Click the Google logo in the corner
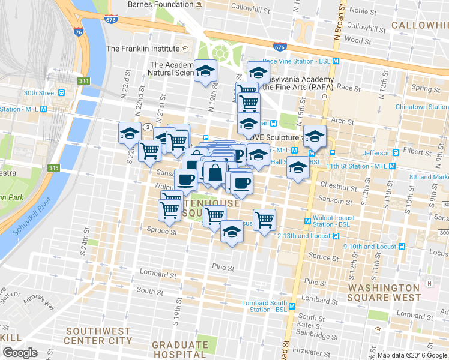click(20, 353)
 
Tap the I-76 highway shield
click(79, 32)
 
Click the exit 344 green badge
click(83, 80)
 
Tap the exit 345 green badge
click(54, 168)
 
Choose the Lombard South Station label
click(264, 306)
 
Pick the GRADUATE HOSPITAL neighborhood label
click(179, 349)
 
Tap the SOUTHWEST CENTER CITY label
click(98, 335)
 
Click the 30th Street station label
click(40, 93)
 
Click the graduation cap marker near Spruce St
click(231, 232)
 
